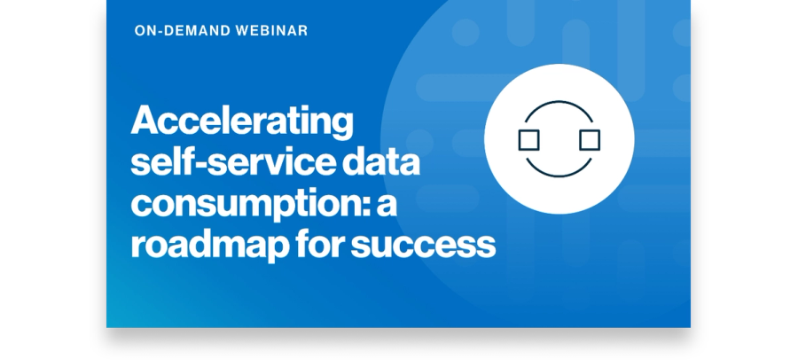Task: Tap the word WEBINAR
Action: (x=272, y=30)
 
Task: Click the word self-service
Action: (x=233, y=162)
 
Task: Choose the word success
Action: (x=424, y=246)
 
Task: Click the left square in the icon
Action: (x=528, y=139)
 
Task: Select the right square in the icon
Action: (x=590, y=139)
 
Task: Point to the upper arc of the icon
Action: (x=559, y=102)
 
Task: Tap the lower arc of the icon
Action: (x=559, y=176)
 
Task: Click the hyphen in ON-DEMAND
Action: (x=159, y=32)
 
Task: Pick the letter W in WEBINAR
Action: (x=243, y=30)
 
